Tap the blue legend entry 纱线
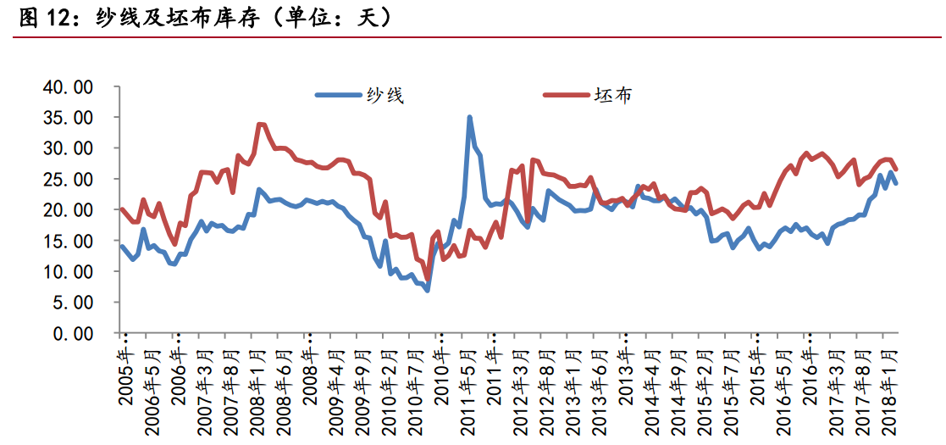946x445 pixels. pos(360,95)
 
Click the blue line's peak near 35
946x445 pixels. pos(469,118)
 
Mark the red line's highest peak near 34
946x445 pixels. pos(260,125)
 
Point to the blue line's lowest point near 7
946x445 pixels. pos(428,290)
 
